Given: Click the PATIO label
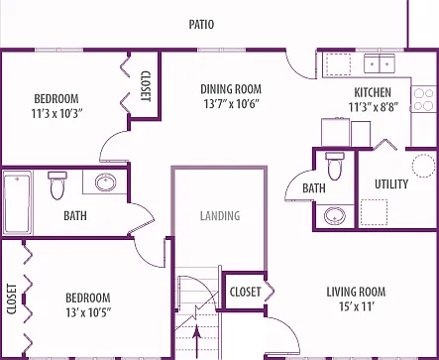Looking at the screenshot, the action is (201, 25).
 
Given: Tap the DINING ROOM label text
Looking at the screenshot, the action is (231, 89).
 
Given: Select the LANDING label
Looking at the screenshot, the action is (220, 216).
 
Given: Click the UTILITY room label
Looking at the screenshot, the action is (391, 184).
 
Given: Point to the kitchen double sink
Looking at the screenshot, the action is (380, 63).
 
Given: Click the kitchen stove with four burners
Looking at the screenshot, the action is (424, 99).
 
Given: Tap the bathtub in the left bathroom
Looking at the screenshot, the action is (18, 202).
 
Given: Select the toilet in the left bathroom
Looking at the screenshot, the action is (56, 184).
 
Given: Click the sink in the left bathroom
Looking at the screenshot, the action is (105, 181).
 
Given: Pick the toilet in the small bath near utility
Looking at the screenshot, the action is (335, 166).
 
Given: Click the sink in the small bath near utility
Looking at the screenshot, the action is (335, 216).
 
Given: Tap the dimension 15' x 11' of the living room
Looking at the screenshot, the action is (357, 306).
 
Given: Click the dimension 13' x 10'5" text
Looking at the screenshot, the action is (88, 312).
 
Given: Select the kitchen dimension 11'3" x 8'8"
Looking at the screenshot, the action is (374, 107).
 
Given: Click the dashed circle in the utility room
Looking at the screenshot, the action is (423, 166).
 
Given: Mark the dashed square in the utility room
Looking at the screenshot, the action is (374, 212).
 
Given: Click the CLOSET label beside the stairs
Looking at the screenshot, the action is (245, 292).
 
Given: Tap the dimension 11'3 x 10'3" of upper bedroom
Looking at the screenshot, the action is (56, 114).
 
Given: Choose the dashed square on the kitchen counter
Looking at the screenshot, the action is (339, 64).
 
